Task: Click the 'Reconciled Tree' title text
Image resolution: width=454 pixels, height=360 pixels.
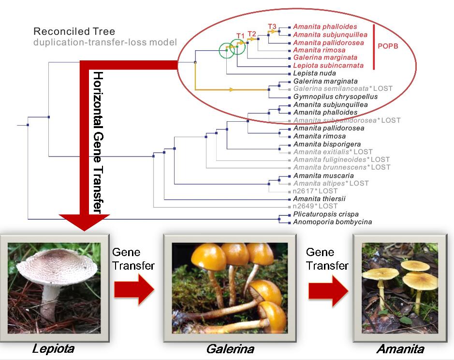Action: [x=68, y=31]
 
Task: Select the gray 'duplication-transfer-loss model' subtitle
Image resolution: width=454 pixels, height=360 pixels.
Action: [x=105, y=42]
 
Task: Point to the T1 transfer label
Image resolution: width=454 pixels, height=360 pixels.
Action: [x=240, y=35]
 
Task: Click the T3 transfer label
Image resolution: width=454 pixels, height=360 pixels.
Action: [x=272, y=26]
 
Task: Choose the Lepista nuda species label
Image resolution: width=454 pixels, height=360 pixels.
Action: [x=314, y=73]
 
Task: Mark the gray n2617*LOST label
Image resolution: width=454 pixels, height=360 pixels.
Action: [x=315, y=191]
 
